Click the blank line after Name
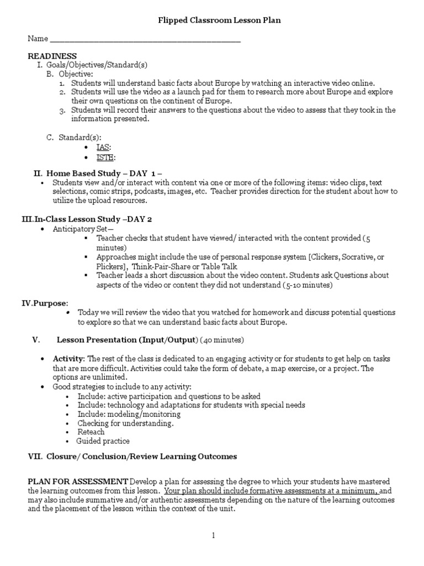pos(145,40)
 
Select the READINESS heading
pos(52,56)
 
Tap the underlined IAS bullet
pos(103,147)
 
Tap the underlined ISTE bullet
pos(105,157)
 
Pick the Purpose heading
pos(49,303)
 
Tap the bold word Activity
pos(68,359)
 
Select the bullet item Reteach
pos(91,432)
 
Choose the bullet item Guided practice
pos(103,441)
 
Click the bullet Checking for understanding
pos(125,423)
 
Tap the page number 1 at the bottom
pos(213,536)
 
